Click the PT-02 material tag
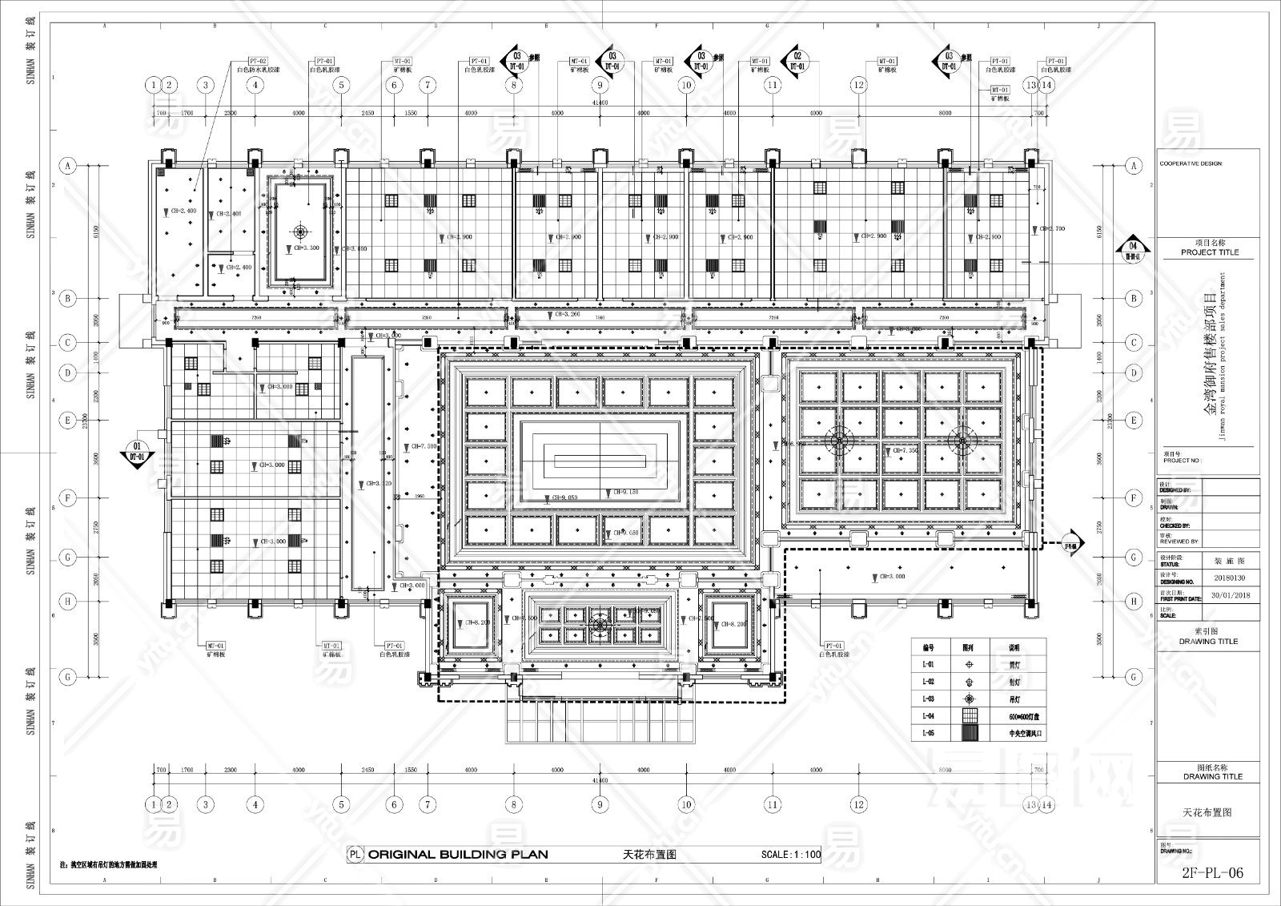(257, 61)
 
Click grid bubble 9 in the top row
(600, 85)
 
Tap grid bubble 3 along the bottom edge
(206, 804)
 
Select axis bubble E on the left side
(68, 421)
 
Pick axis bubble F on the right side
(1133, 498)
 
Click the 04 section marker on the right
(1132, 249)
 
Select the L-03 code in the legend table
(928, 699)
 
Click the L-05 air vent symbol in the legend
(970, 733)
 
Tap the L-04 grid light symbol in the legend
(970, 715)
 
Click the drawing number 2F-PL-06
(1212, 873)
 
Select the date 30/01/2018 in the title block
(1231, 595)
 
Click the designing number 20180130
(1229, 578)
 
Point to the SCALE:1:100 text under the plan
(791, 855)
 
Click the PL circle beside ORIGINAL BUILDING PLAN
(355, 855)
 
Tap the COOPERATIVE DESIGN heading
(1191, 163)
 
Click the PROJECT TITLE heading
(1209, 252)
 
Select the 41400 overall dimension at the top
(600, 103)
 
